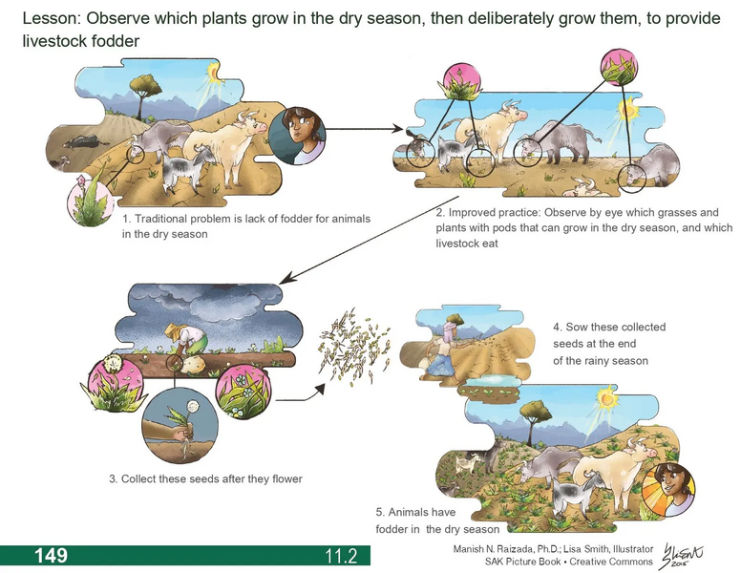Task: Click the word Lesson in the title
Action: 48,19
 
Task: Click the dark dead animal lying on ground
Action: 78,144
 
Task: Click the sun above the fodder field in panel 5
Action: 606,395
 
